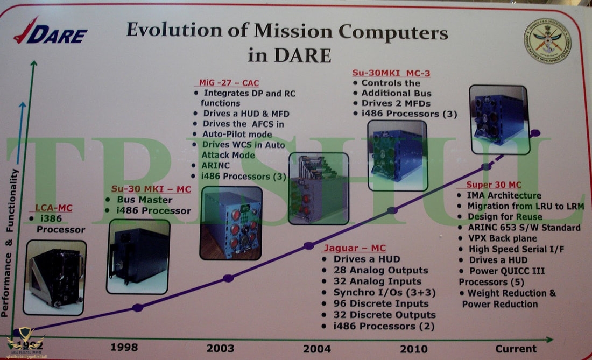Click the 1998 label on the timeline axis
[x=124, y=347]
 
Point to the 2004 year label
[x=317, y=348]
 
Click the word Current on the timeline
[x=516, y=349]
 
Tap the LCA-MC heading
[x=53, y=208]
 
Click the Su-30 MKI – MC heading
[x=151, y=189]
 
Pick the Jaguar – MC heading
[x=355, y=248]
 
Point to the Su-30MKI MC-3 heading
[x=391, y=73]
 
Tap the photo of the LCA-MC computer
[x=54, y=277]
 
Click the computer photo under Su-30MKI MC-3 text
[x=397, y=156]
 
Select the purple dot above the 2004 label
[x=308, y=245]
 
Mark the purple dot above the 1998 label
[x=138, y=307]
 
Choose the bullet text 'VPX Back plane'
[x=502, y=238]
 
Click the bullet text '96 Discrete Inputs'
[x=381, y=303]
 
